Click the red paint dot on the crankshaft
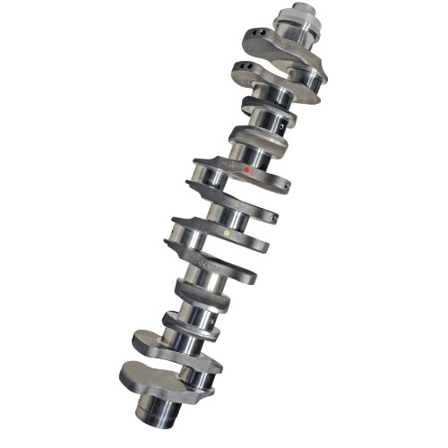click(247, 168)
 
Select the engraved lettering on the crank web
click(206, 265)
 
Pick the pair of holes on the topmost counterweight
click(257, 35)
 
